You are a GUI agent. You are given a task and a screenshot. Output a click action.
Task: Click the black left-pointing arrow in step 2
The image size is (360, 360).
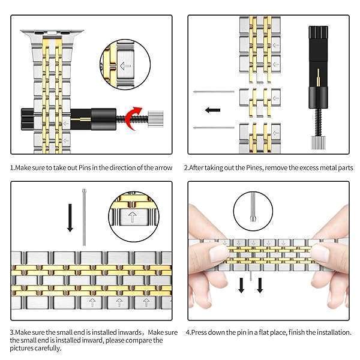[213, 110]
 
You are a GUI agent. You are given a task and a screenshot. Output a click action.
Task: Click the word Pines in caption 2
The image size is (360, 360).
[256, 167]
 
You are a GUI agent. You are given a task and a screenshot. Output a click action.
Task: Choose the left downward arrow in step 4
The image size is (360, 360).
[241, 284]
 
